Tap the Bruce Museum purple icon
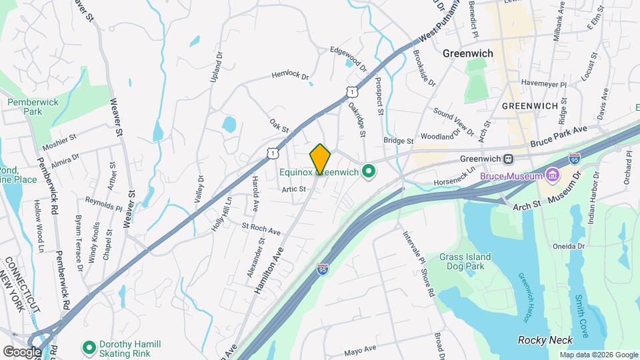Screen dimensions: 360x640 [x=551, y=175]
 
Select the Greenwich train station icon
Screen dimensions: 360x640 [x=508, y=159]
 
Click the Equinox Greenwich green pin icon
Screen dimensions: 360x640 [x=367, y=172]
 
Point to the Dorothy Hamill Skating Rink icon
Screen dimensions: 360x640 [x=88, y=347]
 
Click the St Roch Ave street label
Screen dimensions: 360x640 [x=261, y=229]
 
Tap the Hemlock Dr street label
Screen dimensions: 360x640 [x=291, y=76]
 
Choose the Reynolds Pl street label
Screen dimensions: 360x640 [x=103, y=203]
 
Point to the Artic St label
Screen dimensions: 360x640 [x=293, y=189]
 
